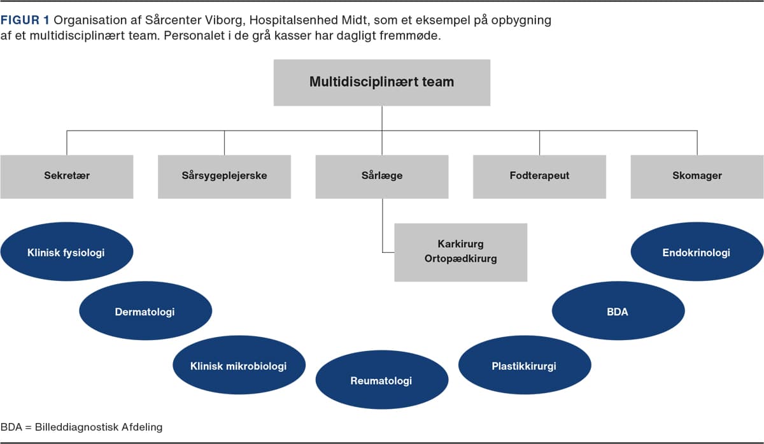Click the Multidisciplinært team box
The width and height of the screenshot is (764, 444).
(381, 83)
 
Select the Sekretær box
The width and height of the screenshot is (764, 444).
(67, 177)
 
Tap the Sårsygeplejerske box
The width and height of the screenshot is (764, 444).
(224, 177)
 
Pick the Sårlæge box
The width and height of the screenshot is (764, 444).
(382, 177)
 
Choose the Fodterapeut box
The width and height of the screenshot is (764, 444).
(540, 177)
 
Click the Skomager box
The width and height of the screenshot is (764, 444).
(697, 177)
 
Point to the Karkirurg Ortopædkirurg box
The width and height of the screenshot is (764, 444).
(461, 252)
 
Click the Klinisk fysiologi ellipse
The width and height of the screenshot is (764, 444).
(67, 252)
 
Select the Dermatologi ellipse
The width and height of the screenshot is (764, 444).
(146, 311)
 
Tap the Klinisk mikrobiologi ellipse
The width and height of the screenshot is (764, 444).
(239, 365)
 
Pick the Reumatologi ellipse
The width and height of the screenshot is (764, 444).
(382, 380)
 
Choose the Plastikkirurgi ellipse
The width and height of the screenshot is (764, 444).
(525, 365)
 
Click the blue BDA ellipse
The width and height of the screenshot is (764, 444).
(618, 311)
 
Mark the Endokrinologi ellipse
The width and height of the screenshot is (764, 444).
(697, 252)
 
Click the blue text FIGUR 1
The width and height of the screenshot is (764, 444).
(25, 20)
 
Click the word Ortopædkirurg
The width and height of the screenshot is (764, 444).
(461, 259)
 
